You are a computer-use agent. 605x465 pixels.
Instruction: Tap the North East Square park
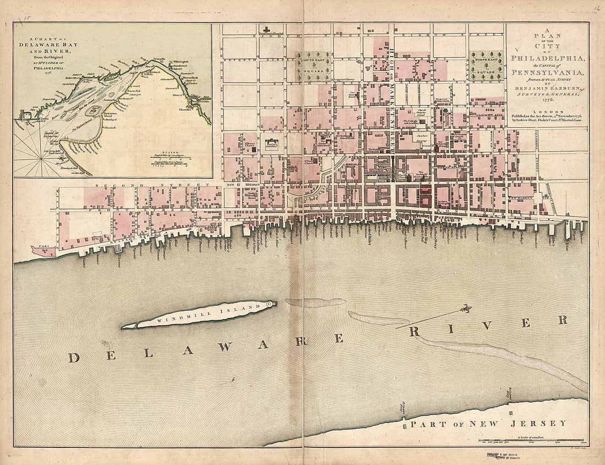pyautogui.click(x=487, y=67)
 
